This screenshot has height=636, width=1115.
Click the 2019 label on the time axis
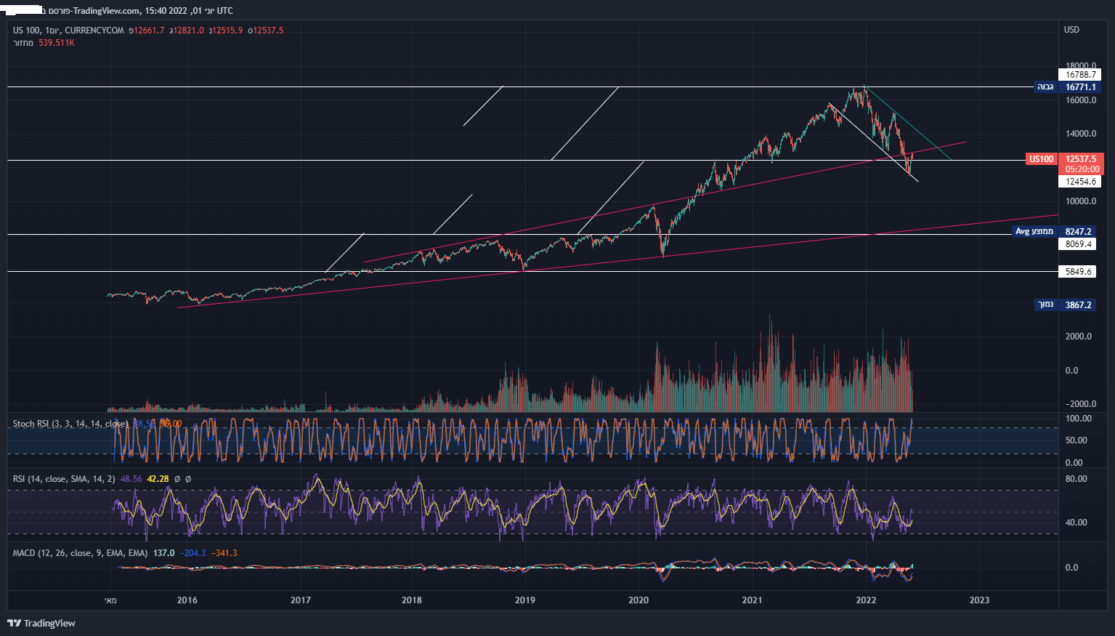coord(524,600)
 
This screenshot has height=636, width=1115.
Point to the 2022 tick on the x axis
coord(866,600)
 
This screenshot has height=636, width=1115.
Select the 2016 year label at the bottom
coord(187,600)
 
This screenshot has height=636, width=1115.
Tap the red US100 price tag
coord(1041,159)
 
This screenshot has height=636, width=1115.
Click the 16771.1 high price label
coord(1080,87)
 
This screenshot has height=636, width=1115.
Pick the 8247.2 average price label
coord(1079,232)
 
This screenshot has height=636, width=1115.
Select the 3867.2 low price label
coord(1079,305)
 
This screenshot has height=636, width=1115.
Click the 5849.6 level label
coord(1079,272)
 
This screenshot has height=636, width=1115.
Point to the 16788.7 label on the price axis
coord(1080,75)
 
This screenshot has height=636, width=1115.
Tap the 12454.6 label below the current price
coord(1080,182)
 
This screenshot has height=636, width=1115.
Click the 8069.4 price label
coord(1079,244)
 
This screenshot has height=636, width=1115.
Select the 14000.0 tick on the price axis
coord(1080,134)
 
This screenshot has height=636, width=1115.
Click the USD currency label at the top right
coord(1071,30)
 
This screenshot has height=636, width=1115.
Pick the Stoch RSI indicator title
coord(70,424)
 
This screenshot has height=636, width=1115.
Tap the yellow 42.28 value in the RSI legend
coord(158,479)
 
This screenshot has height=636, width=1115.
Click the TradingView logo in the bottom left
coord(41,623)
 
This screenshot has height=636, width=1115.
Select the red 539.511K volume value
coord(57,43)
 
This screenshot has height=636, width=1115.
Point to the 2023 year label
coord(979,600)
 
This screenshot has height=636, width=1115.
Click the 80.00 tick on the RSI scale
coord(1076,479)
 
